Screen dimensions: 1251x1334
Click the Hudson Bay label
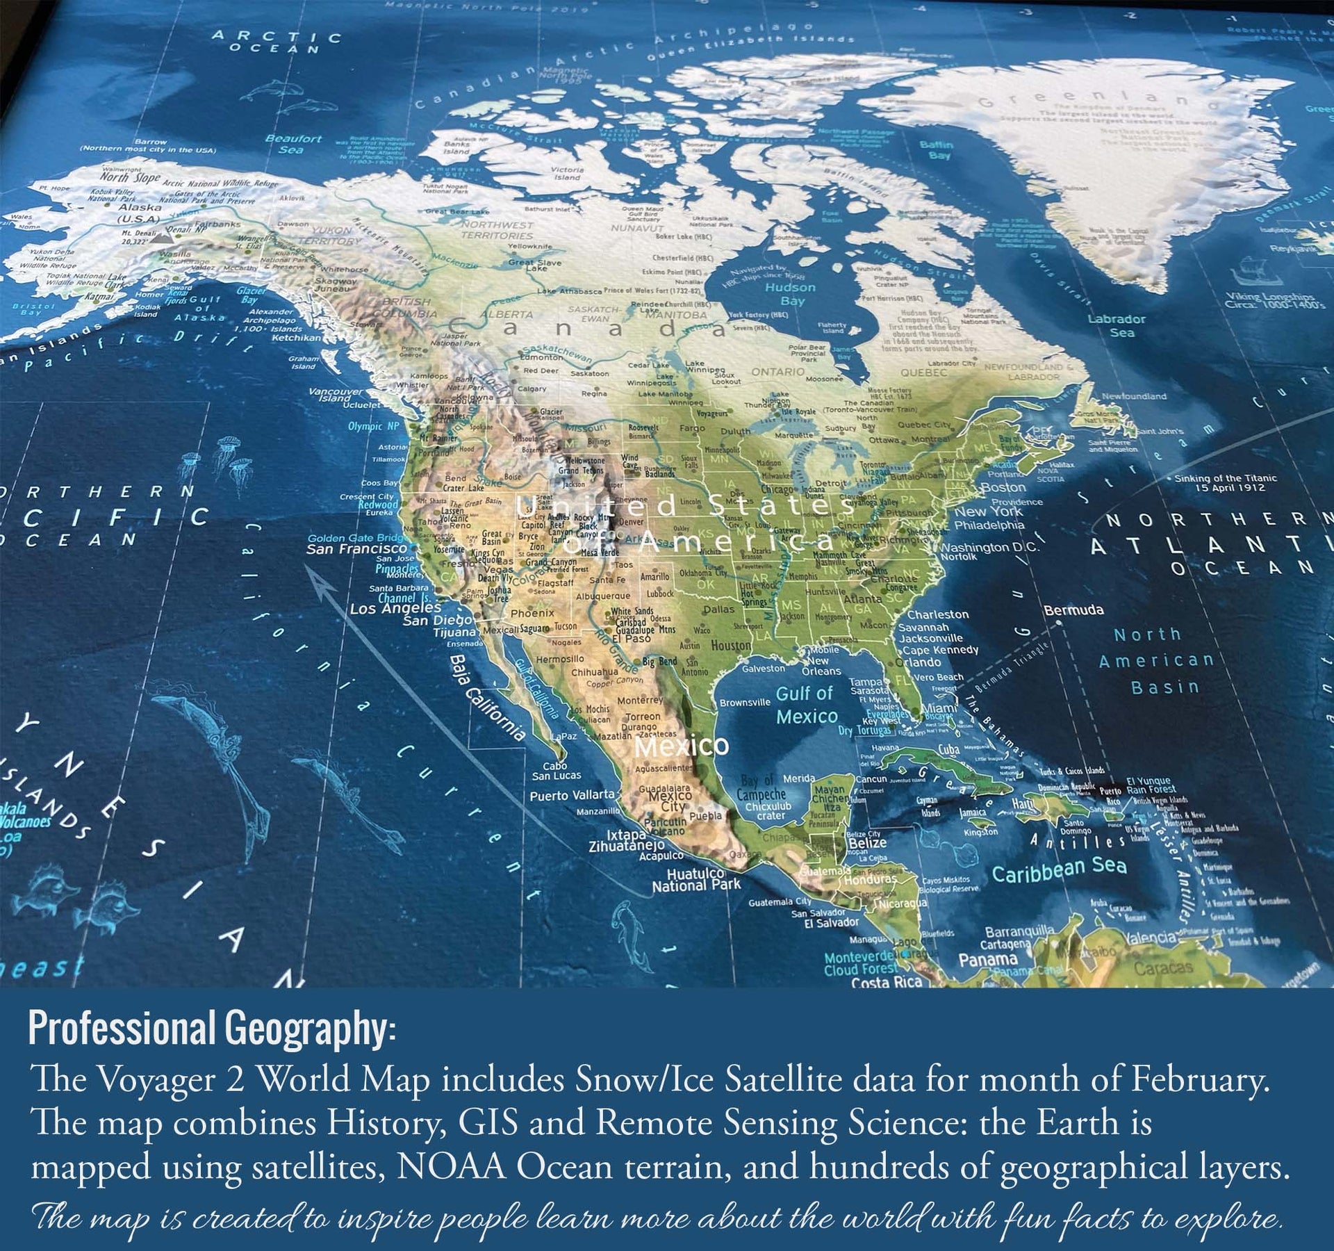click(790, 294)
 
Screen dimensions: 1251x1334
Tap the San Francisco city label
click(356, 549)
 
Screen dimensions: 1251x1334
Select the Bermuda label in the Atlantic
click(1073, 610)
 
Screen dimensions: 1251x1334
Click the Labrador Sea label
click(1117, 325)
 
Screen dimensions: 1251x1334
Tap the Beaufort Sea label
click(293, 144)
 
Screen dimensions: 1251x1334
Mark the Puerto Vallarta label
click(573, 795)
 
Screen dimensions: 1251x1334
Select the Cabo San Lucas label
click(557, 771)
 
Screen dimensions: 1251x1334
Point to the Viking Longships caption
click(1275, 300)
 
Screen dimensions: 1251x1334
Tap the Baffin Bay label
click(936, 149)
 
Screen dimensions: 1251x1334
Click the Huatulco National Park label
click(695, 880)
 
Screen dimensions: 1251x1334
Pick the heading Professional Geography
click(211, 1029)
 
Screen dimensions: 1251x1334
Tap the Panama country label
click(988, 960)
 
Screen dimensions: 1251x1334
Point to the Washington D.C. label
click(989, 547)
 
